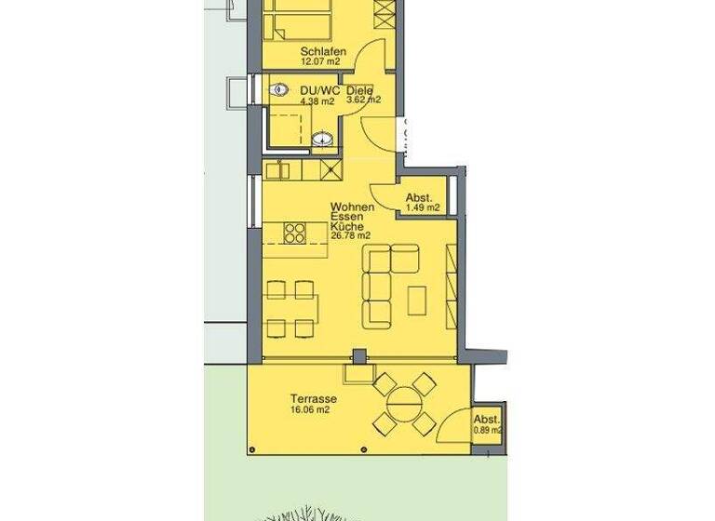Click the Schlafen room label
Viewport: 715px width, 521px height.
coord(323,51)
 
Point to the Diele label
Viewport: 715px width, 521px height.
coord(359,90)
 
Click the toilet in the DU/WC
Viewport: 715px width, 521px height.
coord(279,91)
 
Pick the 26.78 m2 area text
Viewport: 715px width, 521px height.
coord(350,236)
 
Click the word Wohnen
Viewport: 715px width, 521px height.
coord(353,207)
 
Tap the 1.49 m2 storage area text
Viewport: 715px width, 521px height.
coord(423,207)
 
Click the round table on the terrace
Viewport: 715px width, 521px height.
coord(405,404)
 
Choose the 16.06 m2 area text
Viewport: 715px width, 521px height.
coord(309,408)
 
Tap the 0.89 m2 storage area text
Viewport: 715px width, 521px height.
coord(488,431)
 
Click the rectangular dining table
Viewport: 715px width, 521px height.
coord(290,309)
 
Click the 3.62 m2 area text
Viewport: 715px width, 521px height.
coord(363,100)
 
